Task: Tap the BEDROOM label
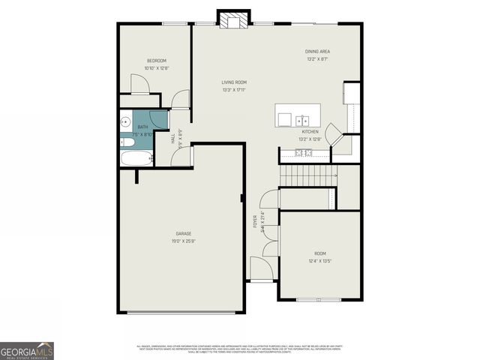156,61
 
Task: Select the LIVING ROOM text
234,82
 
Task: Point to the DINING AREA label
318,52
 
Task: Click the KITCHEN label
310,131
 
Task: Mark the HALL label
174,139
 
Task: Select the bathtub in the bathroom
136,157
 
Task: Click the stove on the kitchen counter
304,153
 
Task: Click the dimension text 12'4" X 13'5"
320,262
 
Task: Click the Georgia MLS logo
27,350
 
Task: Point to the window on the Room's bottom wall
318,300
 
